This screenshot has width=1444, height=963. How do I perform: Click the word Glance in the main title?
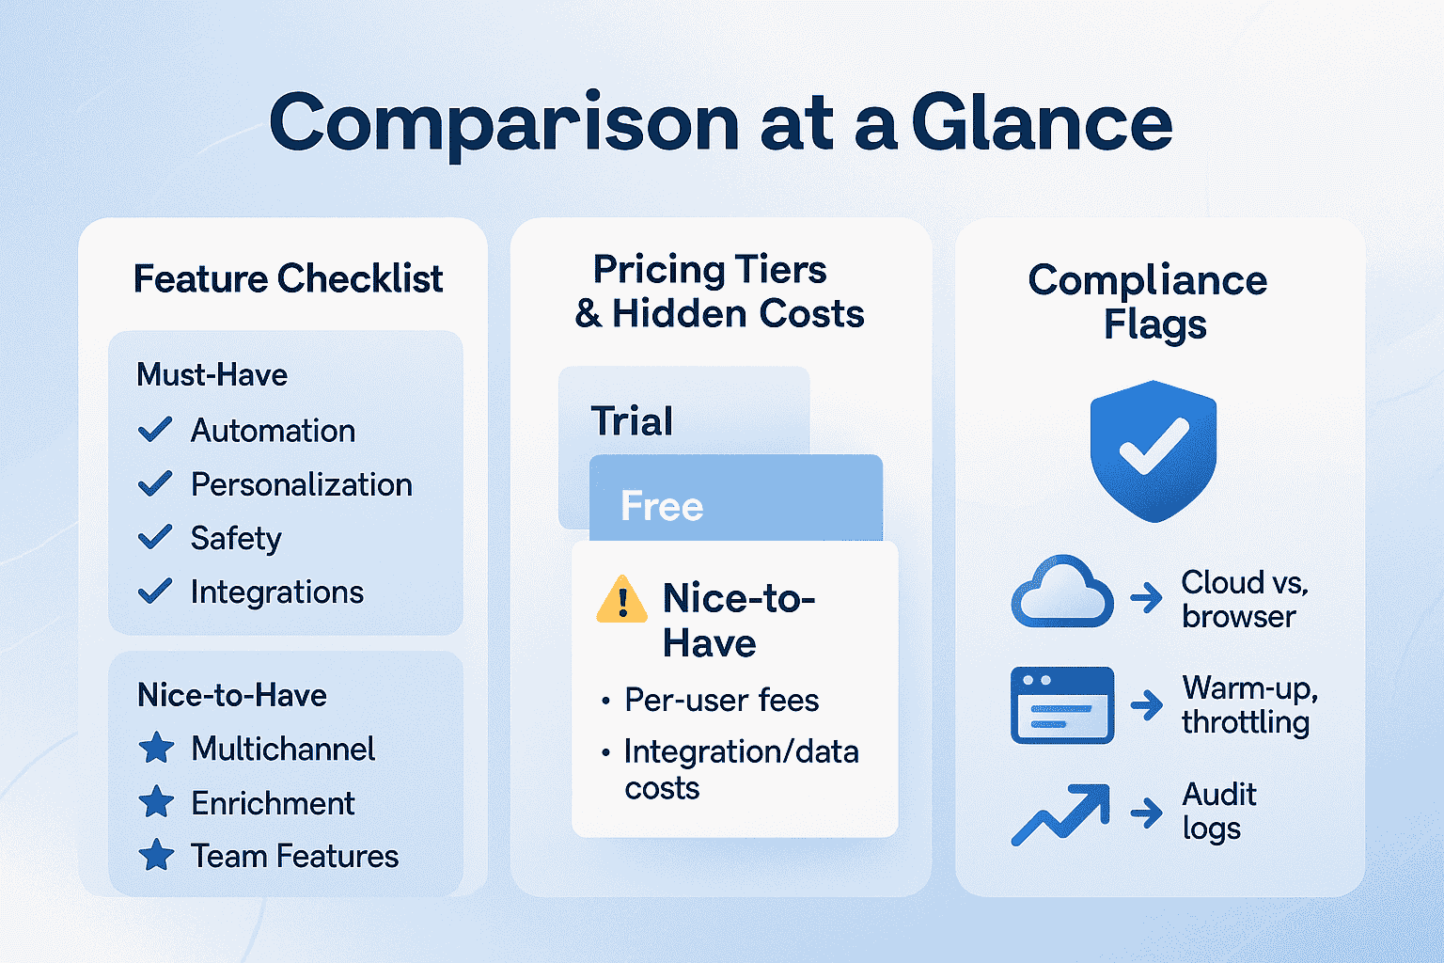click(1042, 122)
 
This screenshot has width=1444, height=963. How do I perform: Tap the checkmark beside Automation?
click(155, 430)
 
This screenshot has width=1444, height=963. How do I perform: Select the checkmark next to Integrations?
click(155, 591)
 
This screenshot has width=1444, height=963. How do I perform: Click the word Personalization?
click(302, 484)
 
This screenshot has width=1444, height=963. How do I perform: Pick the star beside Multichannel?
click(157, 749)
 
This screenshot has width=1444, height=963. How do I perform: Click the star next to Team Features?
click(157, 855)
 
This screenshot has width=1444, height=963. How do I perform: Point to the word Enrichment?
click(273, 803)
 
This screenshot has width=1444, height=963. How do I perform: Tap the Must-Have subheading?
click(212, 374)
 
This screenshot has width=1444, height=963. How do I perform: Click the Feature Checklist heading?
click(289, 278)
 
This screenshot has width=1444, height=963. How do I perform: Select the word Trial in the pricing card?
click(632, 421)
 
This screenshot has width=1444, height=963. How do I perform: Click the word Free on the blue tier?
click(662, 506)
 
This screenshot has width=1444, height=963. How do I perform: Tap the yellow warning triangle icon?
click(622, 599)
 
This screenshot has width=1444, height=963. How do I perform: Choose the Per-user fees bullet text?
click(722, 700)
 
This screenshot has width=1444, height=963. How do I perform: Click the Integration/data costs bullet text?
click(742, 769)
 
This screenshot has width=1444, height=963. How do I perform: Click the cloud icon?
click(1062, 591)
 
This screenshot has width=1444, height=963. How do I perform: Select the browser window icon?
click(1062, 705)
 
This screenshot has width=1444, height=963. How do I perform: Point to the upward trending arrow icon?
click(1061, 814)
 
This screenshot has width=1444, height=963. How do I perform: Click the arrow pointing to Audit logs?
click(1147, 813)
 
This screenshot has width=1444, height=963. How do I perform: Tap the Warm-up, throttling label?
click(1249, 704)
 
